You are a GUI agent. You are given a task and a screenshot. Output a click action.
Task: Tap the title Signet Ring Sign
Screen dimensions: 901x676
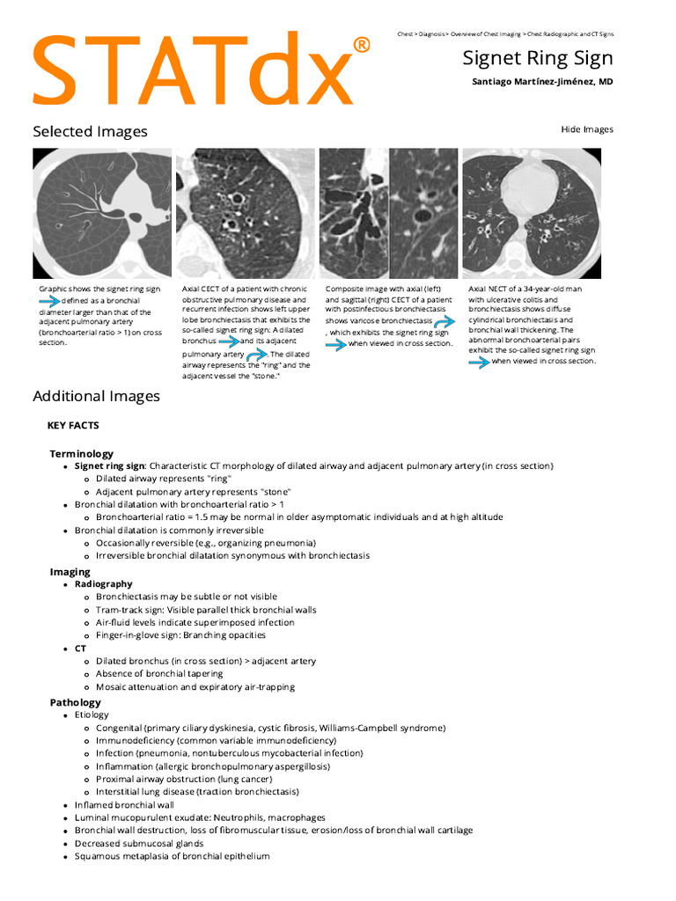[538, 58]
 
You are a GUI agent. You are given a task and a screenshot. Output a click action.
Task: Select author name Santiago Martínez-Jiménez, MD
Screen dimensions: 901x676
[543, 82]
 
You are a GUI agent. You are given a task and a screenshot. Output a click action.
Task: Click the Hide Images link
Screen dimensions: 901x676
[587, 129]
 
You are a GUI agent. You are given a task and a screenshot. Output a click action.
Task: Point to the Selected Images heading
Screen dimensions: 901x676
[90, 131]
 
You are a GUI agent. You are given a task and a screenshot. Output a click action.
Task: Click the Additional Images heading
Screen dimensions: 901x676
[96, 396]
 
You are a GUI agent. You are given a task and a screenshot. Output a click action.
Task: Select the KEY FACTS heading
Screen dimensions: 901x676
[73, 425]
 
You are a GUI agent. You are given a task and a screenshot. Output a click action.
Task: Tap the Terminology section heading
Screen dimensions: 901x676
[82, 453]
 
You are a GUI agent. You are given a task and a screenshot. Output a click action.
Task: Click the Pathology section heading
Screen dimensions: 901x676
[75, 702]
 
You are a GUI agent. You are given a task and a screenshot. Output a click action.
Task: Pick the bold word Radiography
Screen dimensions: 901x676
[104, 583]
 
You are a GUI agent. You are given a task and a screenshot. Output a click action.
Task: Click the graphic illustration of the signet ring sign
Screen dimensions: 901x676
[101, 213]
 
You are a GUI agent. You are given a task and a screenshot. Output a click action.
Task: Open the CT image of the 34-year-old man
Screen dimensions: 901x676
[532, 213]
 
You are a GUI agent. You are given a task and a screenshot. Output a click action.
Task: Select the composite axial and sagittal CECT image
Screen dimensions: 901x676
[388, 213]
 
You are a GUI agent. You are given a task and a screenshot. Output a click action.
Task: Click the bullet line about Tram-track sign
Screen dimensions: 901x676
[206, 610]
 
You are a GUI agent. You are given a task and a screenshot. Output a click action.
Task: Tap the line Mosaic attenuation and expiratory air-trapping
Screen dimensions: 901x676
[195, 686]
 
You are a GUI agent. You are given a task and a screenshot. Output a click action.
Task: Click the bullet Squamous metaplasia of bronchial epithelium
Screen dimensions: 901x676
[172, 856]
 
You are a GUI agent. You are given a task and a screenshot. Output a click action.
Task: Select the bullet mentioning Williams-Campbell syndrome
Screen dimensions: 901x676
[270, 728]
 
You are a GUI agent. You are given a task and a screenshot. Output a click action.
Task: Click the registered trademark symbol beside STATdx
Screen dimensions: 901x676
[361, 45]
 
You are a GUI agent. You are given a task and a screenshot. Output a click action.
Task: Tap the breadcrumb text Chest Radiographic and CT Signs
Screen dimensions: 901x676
[570, 33]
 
